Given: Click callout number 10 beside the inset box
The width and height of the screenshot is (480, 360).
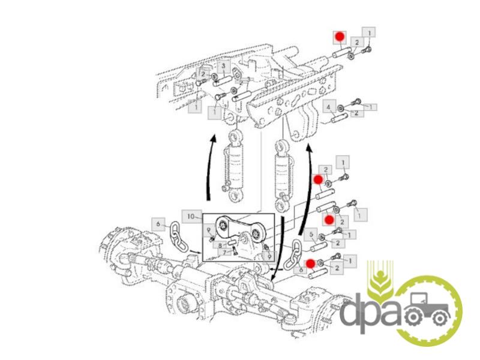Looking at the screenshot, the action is tap(191, 217).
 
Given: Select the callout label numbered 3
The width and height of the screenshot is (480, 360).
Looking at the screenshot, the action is tap(224, 66).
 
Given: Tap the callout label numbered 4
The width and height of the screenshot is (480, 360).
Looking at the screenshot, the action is tap(329, 107).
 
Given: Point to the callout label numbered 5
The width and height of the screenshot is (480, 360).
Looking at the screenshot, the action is tap(311, 235).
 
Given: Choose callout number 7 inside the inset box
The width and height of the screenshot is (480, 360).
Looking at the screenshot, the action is tap(224, 252).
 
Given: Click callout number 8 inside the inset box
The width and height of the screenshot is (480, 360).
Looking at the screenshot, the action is tap(220, 245).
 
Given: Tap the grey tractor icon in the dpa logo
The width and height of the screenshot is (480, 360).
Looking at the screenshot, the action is tap(428, 310).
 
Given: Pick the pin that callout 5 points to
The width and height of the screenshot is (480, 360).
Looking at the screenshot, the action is tap(319, 245).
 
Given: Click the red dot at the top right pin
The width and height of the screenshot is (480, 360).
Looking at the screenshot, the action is tap(340, 37).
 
